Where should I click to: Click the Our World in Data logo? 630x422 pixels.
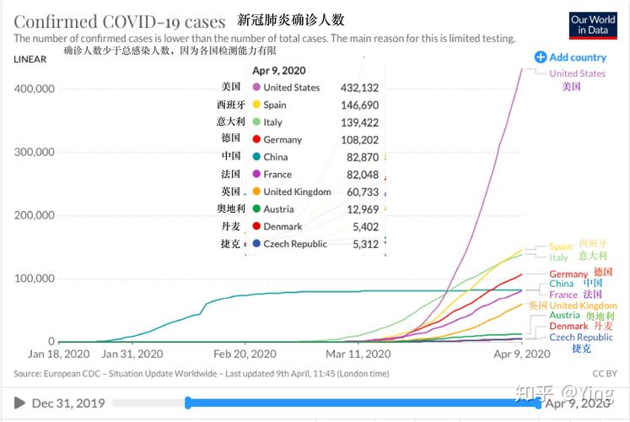pos(592,24)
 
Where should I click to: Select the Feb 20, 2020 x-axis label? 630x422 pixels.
pos(245,354)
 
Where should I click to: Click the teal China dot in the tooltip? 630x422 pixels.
pos(256,157)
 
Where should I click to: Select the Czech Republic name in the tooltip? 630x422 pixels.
pos(294,244)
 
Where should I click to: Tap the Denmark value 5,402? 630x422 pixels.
pos(363,226)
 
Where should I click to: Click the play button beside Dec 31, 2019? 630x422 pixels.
pos(20,403)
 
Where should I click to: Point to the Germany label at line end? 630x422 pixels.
pos(568,274)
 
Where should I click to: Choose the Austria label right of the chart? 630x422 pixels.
pos(564,316)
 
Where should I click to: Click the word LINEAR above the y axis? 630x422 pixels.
pos(30,59)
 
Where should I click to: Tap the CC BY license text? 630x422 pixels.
pos(604,373)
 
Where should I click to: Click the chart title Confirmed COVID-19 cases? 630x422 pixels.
pos(120,21)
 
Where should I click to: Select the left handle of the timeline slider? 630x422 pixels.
pos(188,403)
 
